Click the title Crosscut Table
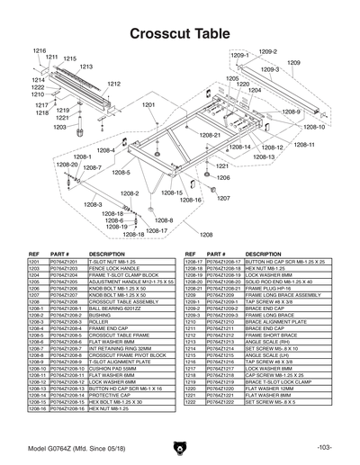(x=180, y=32)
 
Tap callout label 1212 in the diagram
(x=113, y=84)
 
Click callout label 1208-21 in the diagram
(x=211, y=134)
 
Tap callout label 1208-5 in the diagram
(x=120, y=173)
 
